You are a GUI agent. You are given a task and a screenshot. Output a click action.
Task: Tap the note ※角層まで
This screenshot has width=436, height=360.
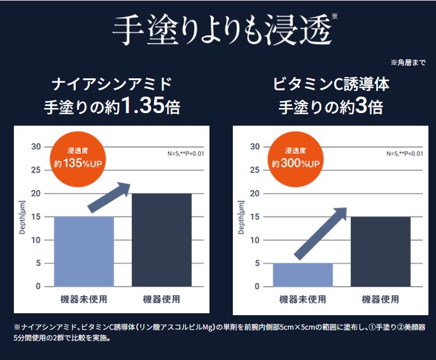pos(408,63)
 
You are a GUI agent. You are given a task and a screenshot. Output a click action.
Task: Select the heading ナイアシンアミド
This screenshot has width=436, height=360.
pos(111,84)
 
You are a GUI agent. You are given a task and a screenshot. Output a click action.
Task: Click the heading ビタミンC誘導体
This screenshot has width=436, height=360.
pos(331,84)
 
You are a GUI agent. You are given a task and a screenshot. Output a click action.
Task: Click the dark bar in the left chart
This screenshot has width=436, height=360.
pos(162,240)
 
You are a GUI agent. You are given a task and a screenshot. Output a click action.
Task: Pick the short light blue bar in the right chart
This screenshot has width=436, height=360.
pos(302,275)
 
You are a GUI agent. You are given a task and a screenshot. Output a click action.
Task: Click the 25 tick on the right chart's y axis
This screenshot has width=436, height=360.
pos(254,170)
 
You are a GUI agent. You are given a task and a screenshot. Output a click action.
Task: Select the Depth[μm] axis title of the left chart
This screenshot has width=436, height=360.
pos(23,217)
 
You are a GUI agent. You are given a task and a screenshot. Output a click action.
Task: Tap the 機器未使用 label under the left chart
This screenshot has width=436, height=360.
pos(83,299)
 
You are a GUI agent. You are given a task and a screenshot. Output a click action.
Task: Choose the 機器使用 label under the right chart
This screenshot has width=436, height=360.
pos(380,299)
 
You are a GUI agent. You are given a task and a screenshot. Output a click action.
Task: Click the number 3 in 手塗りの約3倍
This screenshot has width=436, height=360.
pos(360,106)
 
